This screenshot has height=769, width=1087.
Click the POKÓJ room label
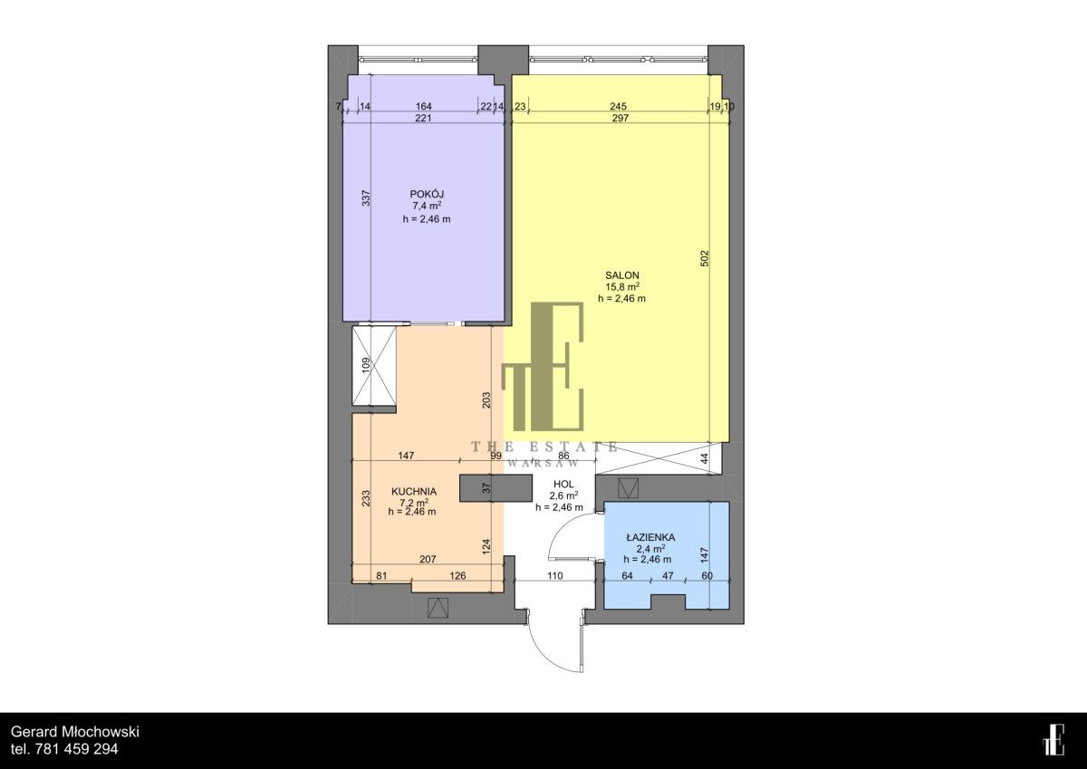click(x=427, y=194)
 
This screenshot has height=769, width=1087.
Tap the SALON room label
click(x=621, y=274)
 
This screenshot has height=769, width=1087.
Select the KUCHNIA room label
click(x=414, y=491)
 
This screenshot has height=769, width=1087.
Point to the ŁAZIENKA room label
click(x=650, y=537)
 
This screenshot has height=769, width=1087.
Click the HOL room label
click(x=563, y=484)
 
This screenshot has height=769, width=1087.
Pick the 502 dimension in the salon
click(x=705, y=257)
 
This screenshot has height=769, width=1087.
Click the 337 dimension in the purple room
click(x=366, y=197)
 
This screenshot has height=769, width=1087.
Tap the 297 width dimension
click(x=620, y=118)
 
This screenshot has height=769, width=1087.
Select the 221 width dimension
click(x=423, y=118)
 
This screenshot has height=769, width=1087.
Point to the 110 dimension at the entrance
click(x=554, y=575)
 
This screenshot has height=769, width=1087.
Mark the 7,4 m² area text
click(x=427, y=207)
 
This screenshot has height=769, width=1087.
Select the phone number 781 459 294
click(x=77, y=749)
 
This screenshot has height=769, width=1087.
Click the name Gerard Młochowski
click(x=75, y=732)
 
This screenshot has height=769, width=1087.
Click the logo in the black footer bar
click(x=1053, y=739)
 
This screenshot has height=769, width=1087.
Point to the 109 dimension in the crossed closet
click(x=366, y=365)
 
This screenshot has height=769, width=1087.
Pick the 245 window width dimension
click(x=618, y=106)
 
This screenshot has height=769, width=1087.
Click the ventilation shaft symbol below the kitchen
click(x=438, y=608)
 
